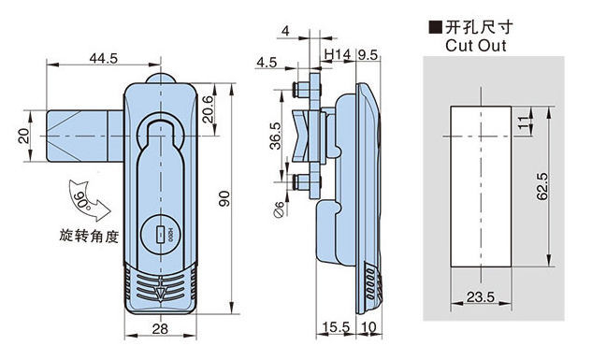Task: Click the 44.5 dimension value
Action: [104, 58]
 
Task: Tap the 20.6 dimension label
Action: [208, 109]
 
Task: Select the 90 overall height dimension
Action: [224, 198]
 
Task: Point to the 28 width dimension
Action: [160, 329]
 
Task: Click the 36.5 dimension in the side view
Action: [276, 136]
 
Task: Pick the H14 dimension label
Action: [338, 55]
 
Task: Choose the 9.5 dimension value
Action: [368, 55]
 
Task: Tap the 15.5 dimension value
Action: [336, 326]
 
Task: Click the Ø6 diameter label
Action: [279, 209]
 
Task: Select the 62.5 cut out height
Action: [542, 186]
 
